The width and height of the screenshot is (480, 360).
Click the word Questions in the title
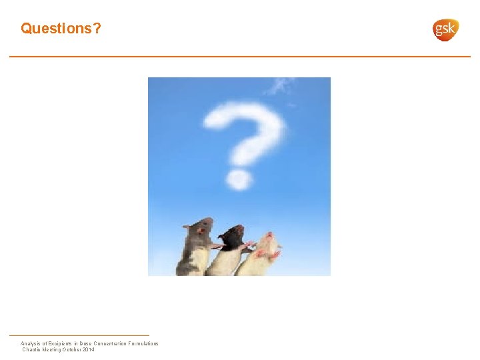(57, 29)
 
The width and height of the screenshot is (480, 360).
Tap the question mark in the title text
(97, 29)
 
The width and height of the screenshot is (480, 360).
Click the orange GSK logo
(445, 29)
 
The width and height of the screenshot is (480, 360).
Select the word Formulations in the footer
(142, 343)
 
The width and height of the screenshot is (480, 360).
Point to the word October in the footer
(69, 349)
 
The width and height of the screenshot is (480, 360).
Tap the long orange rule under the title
(240, 57)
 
